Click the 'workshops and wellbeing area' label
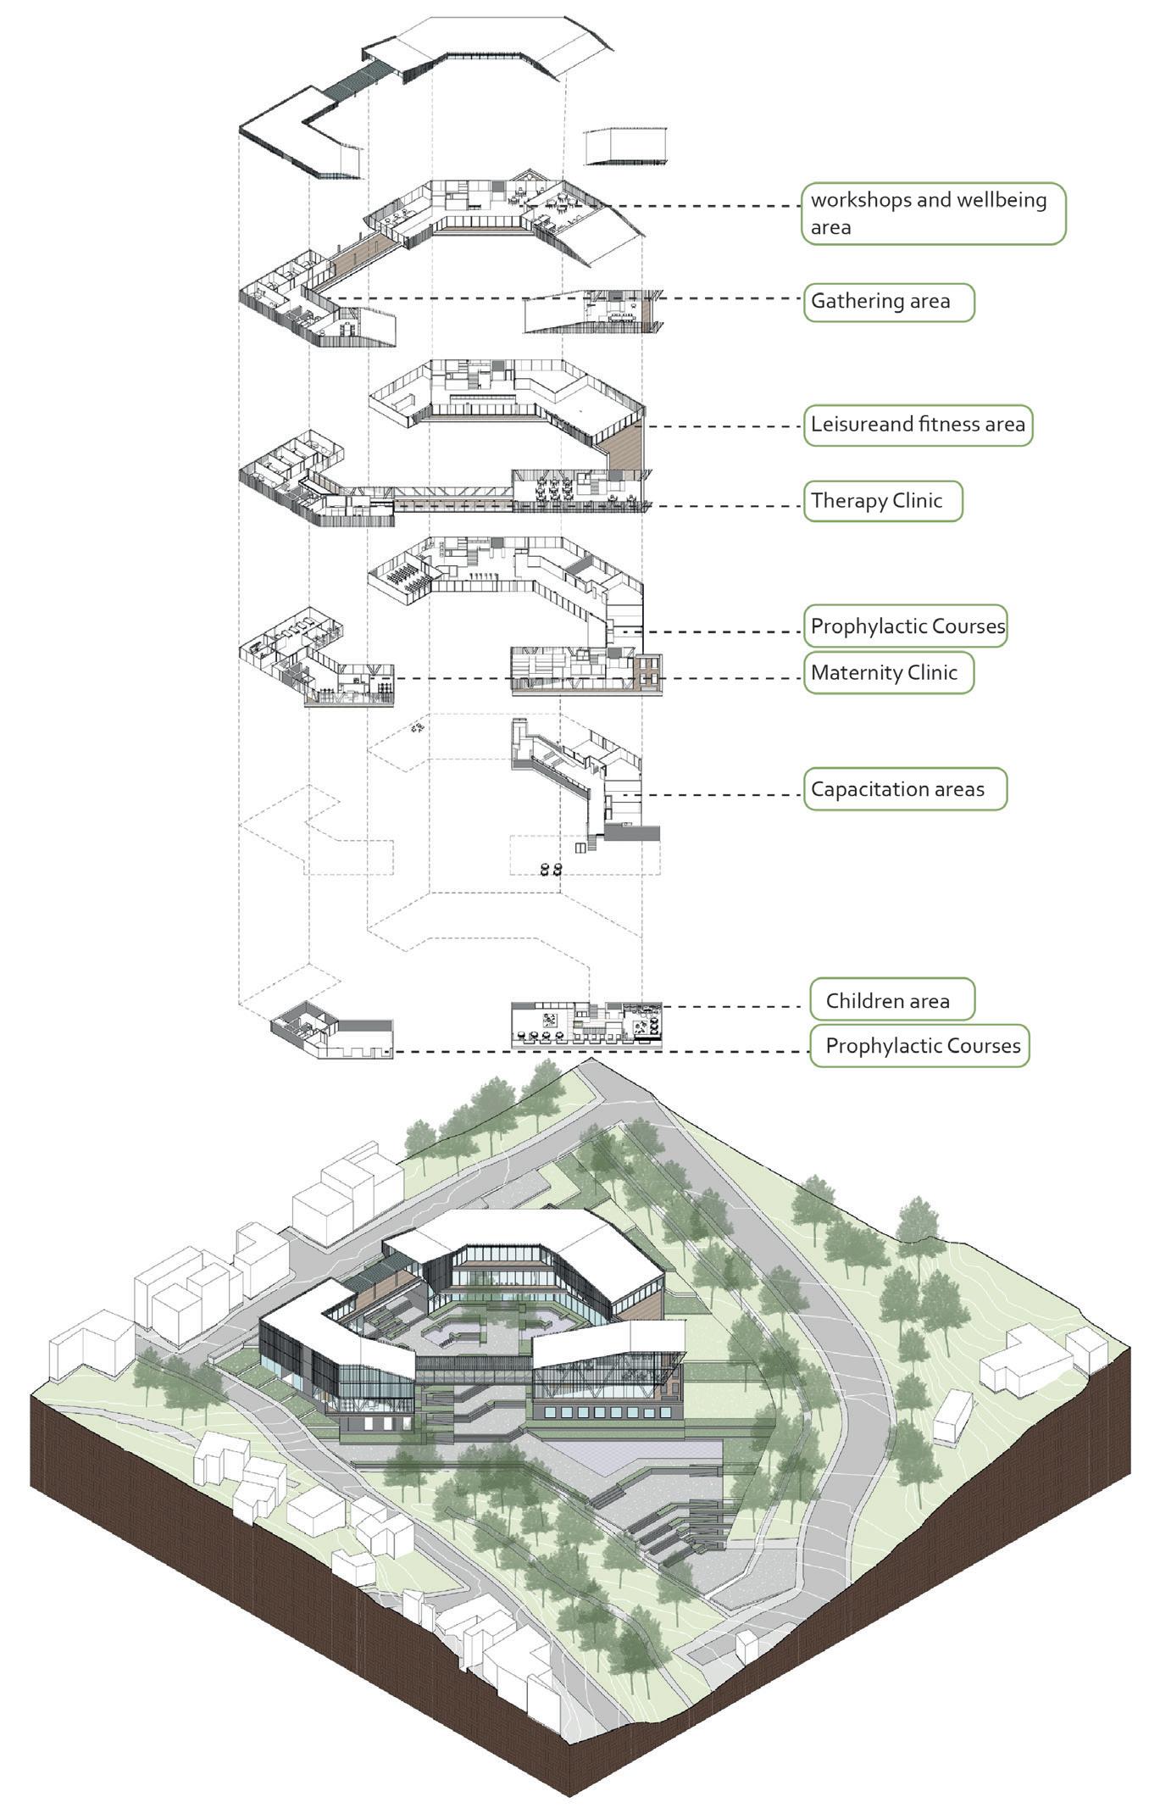pyautogui.click(x=933, y=214)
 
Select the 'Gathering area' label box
pyautogui.click(x=888, y=302)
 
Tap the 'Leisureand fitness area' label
pyautogui.click(x=918, y=425)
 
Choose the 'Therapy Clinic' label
pyautogui.click(x=883, y=501)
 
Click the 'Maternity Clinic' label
pyautogui.click(x=888, y=673)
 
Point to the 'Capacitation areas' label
pyautogui.click(x=904, y=789)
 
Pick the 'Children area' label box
pyautogui.click(x=891, y=1001)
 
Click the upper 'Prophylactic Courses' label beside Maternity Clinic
pyautogui.click(x=905, y=626)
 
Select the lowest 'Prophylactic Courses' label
pyautogui.click(x=919, y=1045)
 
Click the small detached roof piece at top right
pyautogui.click(x=627, y=146)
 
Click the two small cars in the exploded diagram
pyautogui.click(x=551, y=868)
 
